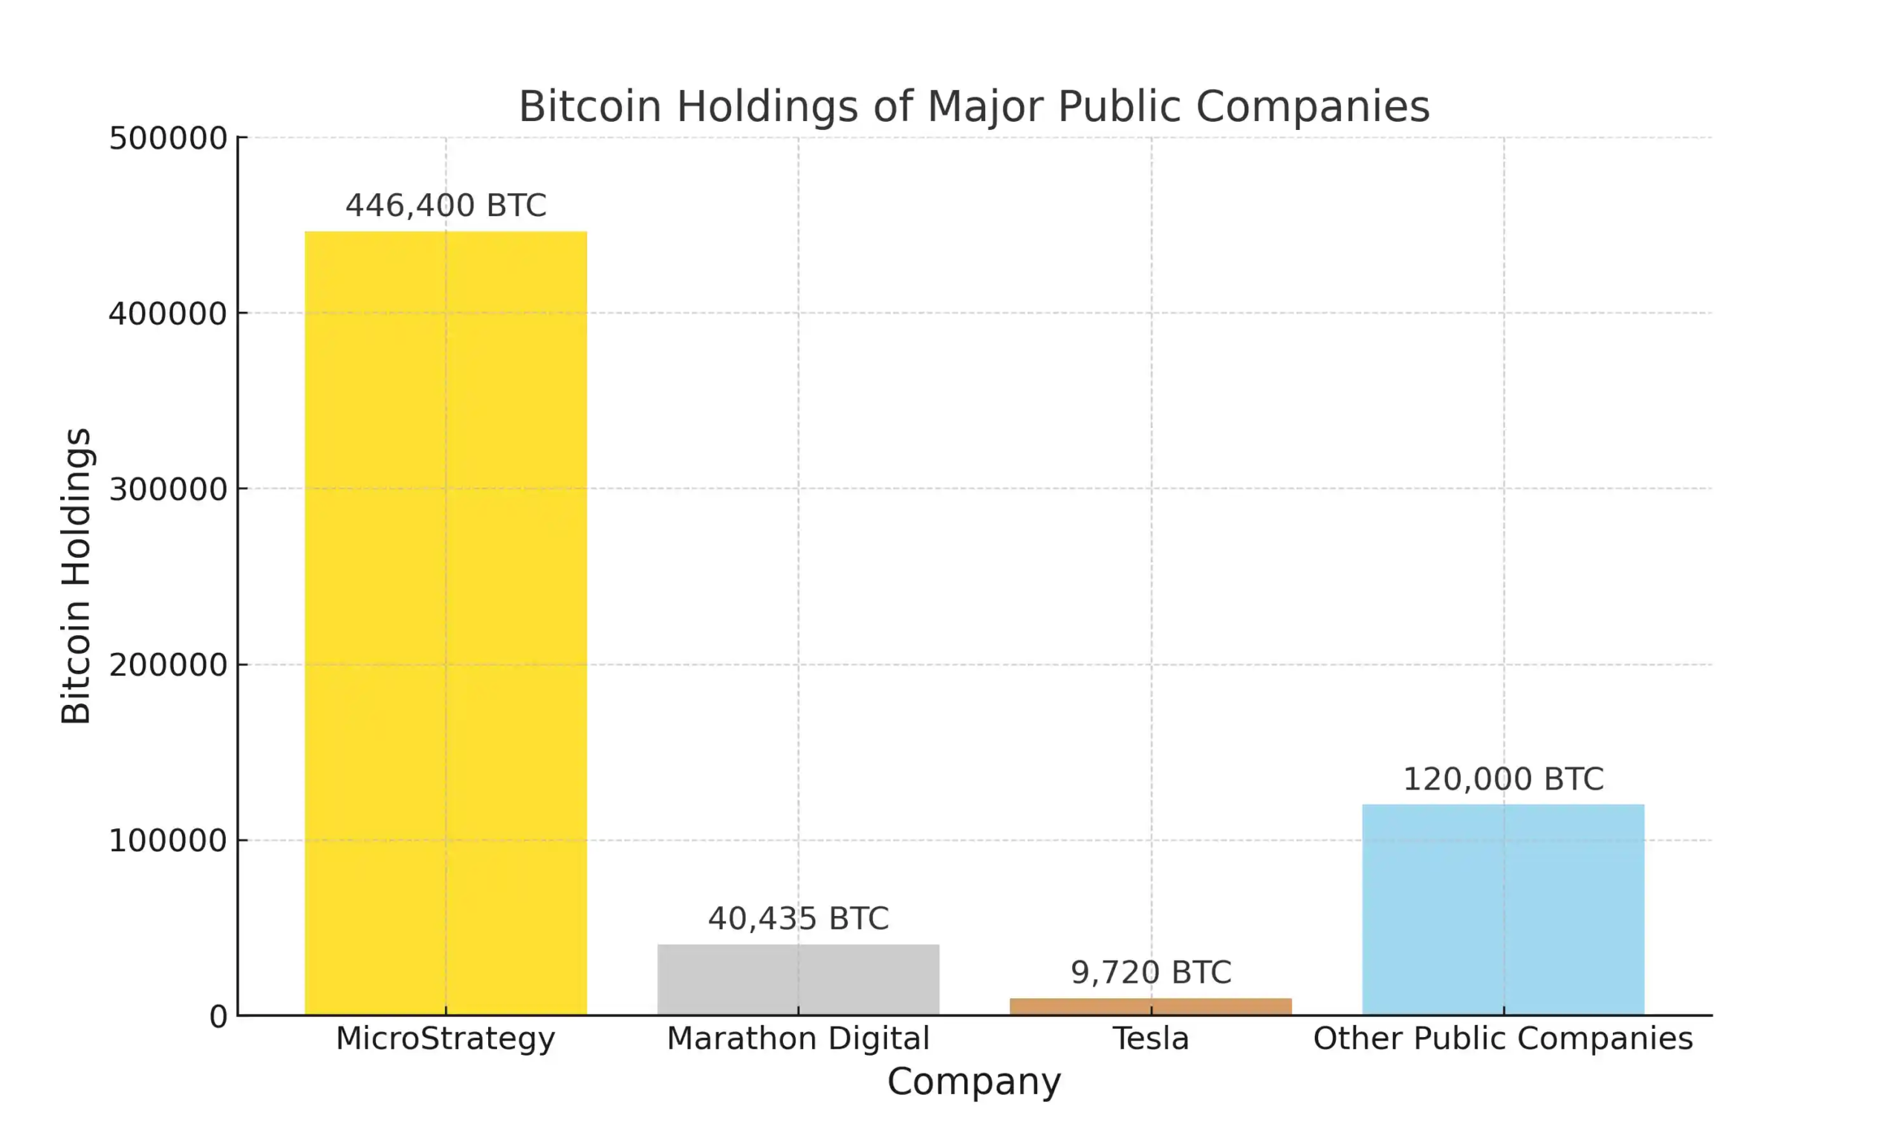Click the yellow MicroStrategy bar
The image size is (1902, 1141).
pos(445,622)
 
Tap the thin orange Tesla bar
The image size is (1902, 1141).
pos(1150,1006)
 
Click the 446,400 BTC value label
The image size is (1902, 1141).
pos(445,205)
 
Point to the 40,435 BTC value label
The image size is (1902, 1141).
pos(798,919)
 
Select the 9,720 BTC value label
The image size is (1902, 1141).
pos(1150,972)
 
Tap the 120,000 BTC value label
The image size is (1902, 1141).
pos(1503,778)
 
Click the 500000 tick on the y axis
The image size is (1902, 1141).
pos(168,138)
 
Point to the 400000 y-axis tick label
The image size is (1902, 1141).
pos(168,313)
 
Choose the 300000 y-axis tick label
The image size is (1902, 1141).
pos(168,489)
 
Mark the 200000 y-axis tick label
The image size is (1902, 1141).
pos(168,665)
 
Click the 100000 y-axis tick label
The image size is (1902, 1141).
pos(168,840)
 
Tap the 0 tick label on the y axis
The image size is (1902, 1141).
pos(218,1016)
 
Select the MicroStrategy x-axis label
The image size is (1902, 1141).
pos(445,1038)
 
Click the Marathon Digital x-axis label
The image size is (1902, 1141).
pos(798,1038)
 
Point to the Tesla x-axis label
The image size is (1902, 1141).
pos(1150,1038)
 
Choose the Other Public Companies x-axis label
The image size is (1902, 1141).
pos(1503,1038)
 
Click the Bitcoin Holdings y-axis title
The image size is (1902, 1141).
pos(76,576)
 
